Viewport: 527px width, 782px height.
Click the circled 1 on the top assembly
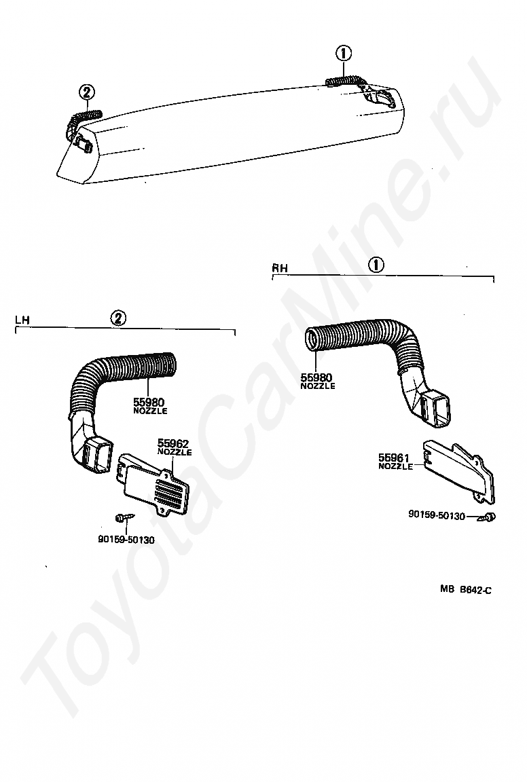pyautogui.click(x=344, y=53)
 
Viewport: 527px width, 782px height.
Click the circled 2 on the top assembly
pyautogui.click(x=86, y=92)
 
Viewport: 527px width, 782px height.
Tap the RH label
pyautogui.click(x=280, y=268)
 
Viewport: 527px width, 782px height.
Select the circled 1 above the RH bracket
pyautogui.click(x=376, y=265)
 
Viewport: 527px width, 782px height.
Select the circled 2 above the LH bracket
pyautogui.click(x=118, y=318)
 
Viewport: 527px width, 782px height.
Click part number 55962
pyautogui.click(x=173, y=443)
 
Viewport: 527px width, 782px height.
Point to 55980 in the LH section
pyautogui.click(x=149, y=402)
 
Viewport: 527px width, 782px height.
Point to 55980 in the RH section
pyautogui.click(x=317, y=377)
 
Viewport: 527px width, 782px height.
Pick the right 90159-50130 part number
pyautogui.click(x=437, y=516)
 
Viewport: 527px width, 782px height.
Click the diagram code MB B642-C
pyautogui.click(x=465, y=590)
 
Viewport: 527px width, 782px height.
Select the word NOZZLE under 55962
pyautogui.click(x=174, y=452)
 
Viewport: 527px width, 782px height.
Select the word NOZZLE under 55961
pyautogui.click(x=395, y=467)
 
